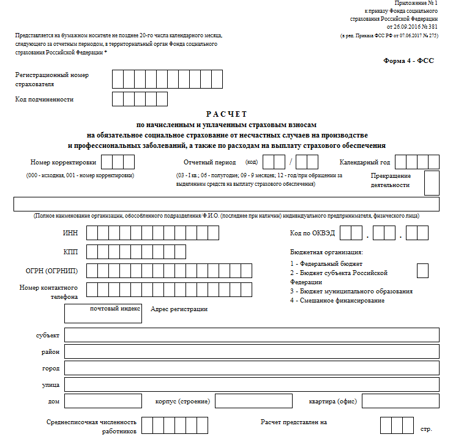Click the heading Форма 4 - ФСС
(408, 61)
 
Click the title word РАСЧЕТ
(227, 114)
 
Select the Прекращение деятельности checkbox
(431, 182)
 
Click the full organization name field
(227, 204)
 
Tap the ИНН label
(70, 233)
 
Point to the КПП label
(70, 252)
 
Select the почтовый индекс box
(103, 313)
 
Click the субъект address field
(251, 335)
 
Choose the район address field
(251, 351)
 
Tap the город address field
(251, 368)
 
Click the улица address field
(251, 384)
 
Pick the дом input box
(103, 401)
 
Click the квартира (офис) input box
(400, 401)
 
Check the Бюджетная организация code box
(422, 270)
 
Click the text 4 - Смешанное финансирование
(337, 301)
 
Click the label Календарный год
(365, 162)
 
